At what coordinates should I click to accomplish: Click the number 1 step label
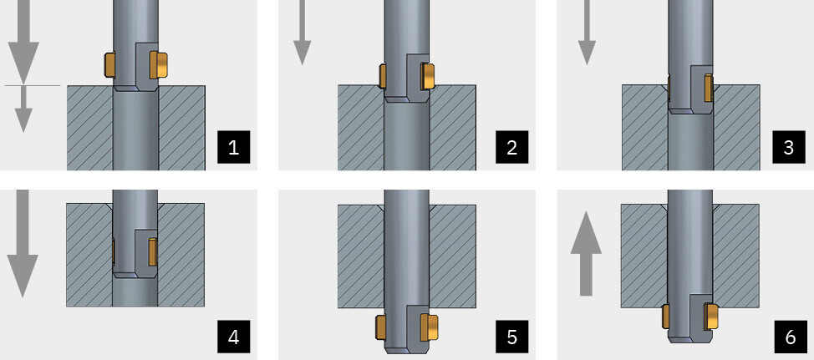pyautogui.click(x=234, y=147)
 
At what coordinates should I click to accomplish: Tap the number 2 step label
pyautogui.click(x=511, y=147)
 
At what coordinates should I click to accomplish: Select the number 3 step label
pyautogui.click(x=789, y=147)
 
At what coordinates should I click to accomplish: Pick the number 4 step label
pyautogui.click(x=234, y=337)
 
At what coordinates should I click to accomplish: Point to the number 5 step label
pyautogui.click(x=511, y=337)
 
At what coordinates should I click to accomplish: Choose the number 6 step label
pyautogui.click(x=790, y=337)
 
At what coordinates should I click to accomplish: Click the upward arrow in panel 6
pyautogui.click(x=586, y=254)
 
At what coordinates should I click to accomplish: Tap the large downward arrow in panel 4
pyautogui.click(x=23, y=243)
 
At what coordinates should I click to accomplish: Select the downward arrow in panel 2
pyautogui.click(x=302, y=33)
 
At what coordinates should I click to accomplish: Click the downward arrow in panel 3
pyautogui.click(x=587, y=33)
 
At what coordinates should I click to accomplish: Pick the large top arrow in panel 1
pyautogui.click(x=23, y=42)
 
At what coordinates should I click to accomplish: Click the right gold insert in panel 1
pyautogui.click(x=158, y=65)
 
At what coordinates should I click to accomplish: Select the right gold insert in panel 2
pyautogui.click(x=428, y=76)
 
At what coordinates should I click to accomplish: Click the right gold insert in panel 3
pyautogui.click(x=708, y=88)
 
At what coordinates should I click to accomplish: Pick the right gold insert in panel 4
pyautogui.click(x=153, y=251)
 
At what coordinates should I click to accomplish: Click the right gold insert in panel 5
pyautogui.click(x=430, y=327)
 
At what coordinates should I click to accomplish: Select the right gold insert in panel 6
pyautogui.click(x=710, y=317)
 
